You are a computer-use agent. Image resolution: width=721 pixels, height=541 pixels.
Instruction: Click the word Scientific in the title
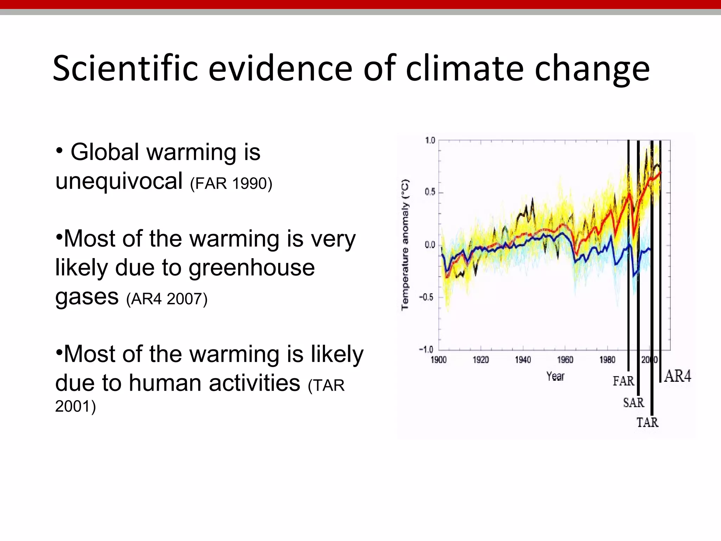125,68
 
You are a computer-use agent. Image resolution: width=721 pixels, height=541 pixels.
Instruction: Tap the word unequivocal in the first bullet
119,181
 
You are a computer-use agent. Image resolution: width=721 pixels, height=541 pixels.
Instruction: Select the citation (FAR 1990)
231,184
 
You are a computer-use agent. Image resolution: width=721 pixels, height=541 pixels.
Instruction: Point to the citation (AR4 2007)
167,299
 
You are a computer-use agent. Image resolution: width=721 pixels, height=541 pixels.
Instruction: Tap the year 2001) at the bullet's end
75,406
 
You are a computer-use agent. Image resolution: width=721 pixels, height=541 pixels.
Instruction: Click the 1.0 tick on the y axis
430,141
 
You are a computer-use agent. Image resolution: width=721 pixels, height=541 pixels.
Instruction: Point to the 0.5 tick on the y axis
430,192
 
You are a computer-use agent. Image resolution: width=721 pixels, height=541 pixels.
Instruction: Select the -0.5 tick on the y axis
426,297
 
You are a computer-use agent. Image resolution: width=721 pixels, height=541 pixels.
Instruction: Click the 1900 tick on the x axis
439,360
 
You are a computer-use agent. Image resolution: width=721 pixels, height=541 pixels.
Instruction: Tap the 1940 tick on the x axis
523,360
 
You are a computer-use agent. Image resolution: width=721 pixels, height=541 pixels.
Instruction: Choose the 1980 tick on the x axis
607,360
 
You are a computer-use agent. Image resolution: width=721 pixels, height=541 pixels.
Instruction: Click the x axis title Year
555,377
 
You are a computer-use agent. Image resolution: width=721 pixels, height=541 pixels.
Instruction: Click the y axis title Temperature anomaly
405,245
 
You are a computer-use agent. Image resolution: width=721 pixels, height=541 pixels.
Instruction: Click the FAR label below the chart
623,381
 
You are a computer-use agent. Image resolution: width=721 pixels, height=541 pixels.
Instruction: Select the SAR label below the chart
633,403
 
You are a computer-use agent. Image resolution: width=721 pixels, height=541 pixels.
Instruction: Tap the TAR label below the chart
647,422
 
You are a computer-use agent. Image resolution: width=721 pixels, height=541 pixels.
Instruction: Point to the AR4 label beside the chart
678,376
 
